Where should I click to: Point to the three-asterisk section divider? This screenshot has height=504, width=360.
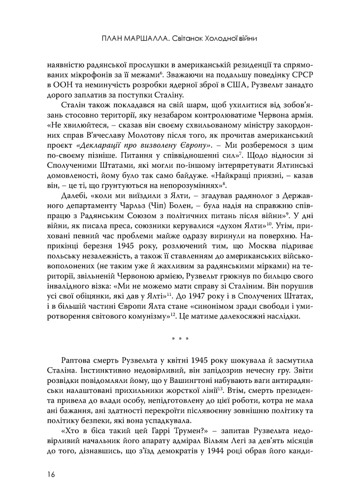pyautogui.click(x=179, y=338)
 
